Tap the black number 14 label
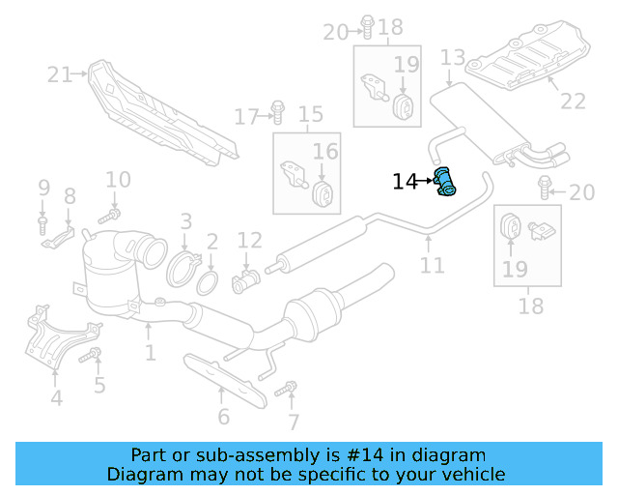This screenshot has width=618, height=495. [x=405, y=181]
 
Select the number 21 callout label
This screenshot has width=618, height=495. [x=60, y=73]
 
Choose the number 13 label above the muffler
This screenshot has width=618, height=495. [x=453, y=58]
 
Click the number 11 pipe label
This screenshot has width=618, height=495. [x=432, y=264]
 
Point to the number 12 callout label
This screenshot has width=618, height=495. [x=249, y=240]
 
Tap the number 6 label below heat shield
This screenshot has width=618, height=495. [x=224, y=417]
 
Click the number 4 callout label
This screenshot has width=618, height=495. [x=56, y=397]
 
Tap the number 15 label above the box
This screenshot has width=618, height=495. [x=310, y=116]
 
